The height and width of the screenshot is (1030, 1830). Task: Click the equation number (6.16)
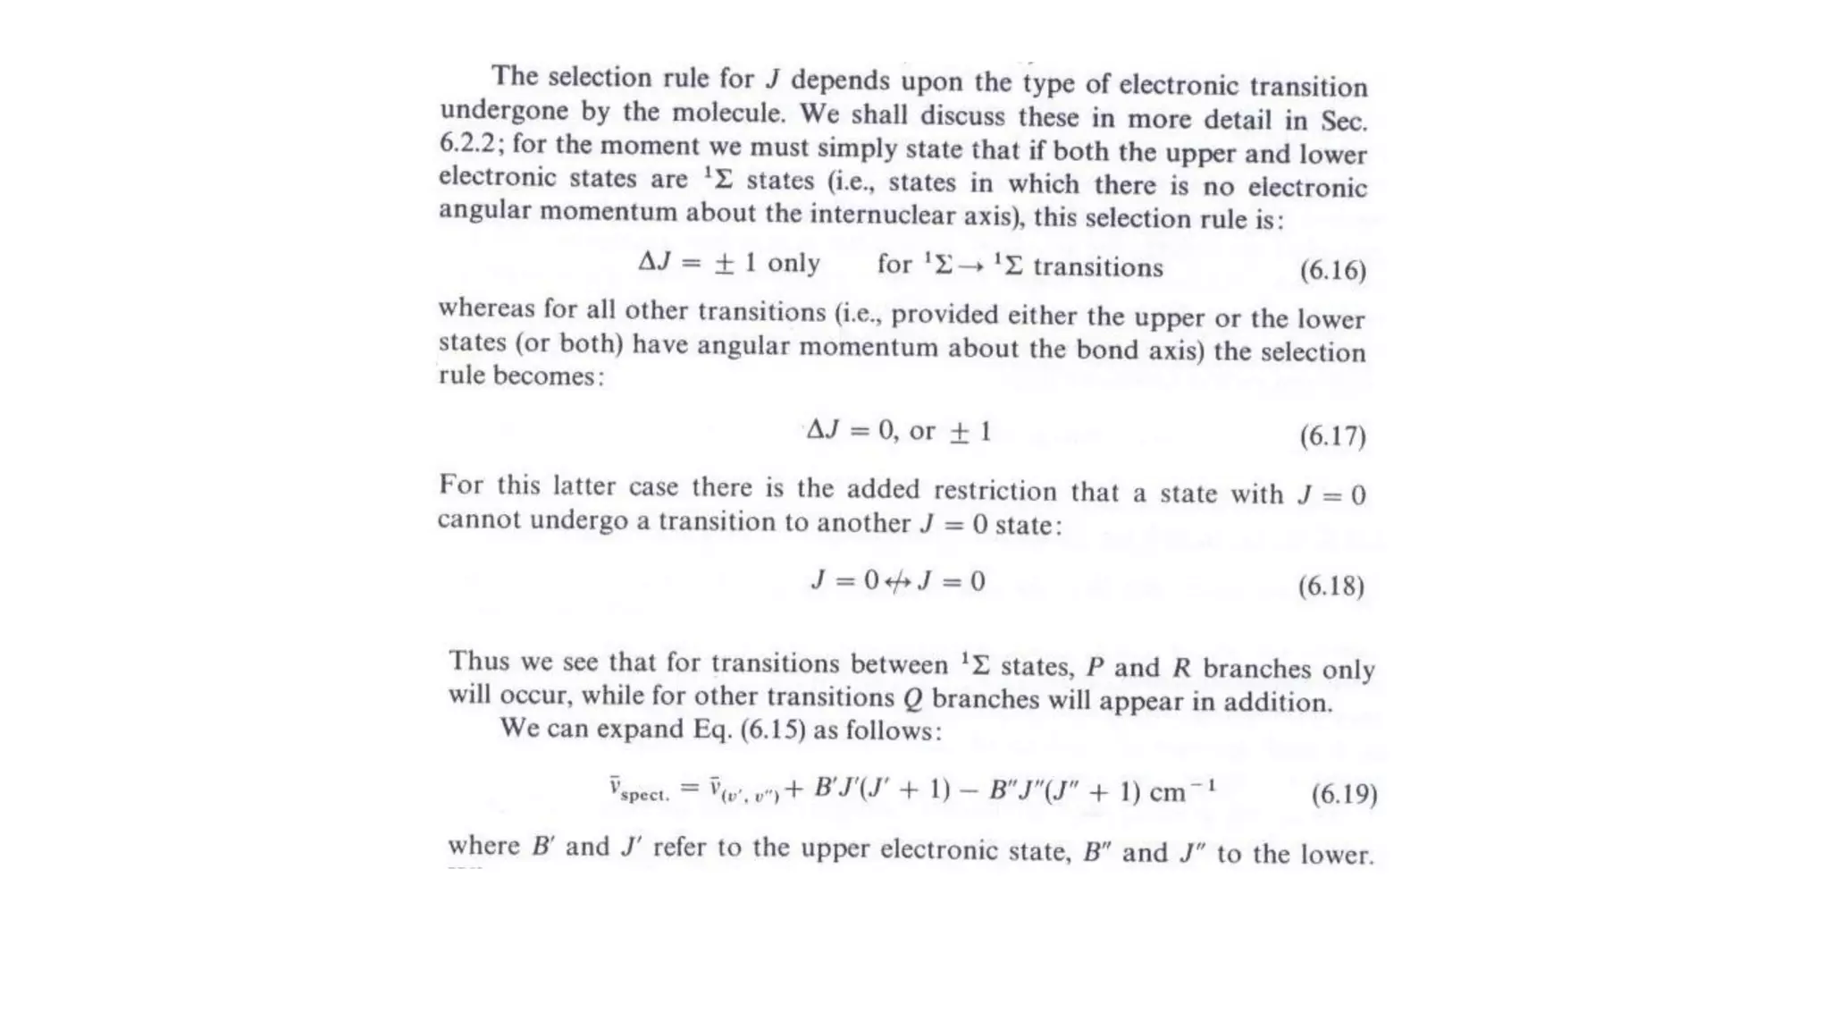click(1332, 270)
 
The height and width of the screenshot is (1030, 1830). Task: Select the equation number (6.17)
click(1332, 436)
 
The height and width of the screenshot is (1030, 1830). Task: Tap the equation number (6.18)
click(1331, 587)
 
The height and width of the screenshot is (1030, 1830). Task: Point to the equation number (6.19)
click(1344, 794)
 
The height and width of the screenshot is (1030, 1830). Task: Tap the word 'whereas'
click(486, 308)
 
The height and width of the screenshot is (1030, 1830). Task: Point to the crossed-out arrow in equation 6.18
click(898, 583)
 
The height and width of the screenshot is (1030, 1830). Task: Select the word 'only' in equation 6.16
click(793, 263)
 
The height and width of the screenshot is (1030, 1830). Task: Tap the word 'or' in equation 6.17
click(922, 431)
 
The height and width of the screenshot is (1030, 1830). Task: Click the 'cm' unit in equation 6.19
click(1167, 793)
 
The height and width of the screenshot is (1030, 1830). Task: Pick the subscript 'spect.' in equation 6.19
click(644, 795)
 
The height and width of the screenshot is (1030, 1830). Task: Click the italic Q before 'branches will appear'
click(912, 698)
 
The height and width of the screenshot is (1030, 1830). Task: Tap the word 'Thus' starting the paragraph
click(478, 661)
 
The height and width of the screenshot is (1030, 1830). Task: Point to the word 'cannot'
click(479, 520)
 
